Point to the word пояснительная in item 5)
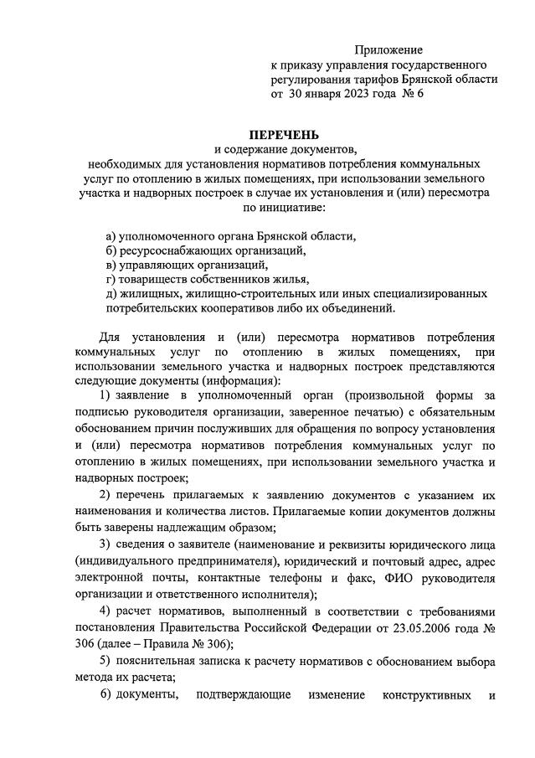click(x=159, y=661)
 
